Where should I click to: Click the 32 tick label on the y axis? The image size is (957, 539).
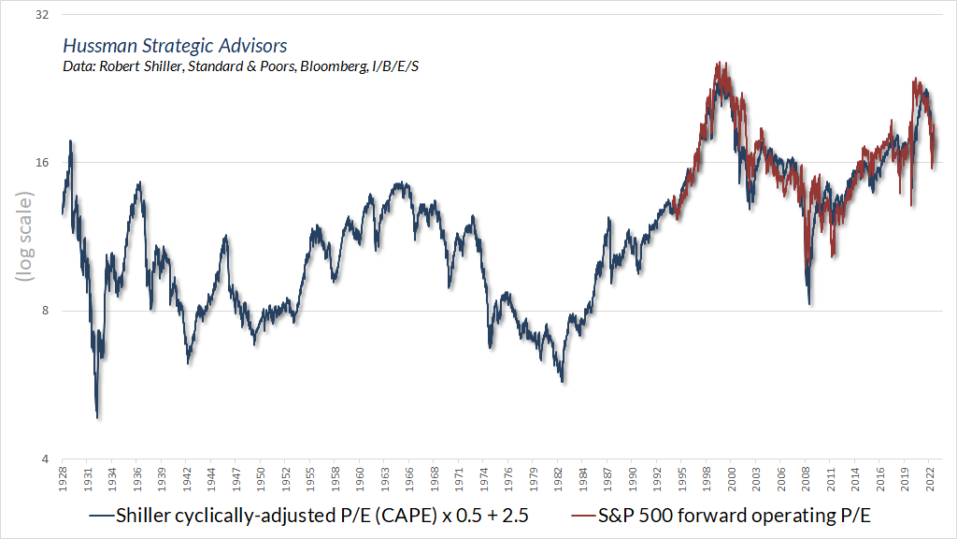point(40,16)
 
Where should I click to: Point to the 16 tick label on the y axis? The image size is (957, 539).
point(40,162)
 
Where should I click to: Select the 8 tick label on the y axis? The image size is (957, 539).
point(44,311)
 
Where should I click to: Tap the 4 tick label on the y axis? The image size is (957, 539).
point(44,459)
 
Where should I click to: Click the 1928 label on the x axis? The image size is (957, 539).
point(63,477)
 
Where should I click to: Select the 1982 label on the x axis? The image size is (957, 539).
point(559,477)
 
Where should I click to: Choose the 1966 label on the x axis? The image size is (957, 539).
point(410,477)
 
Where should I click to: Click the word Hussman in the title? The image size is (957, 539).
point(96,46)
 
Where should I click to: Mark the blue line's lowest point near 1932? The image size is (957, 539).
point(98,417)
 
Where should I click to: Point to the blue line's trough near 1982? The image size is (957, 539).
point(563,382)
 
